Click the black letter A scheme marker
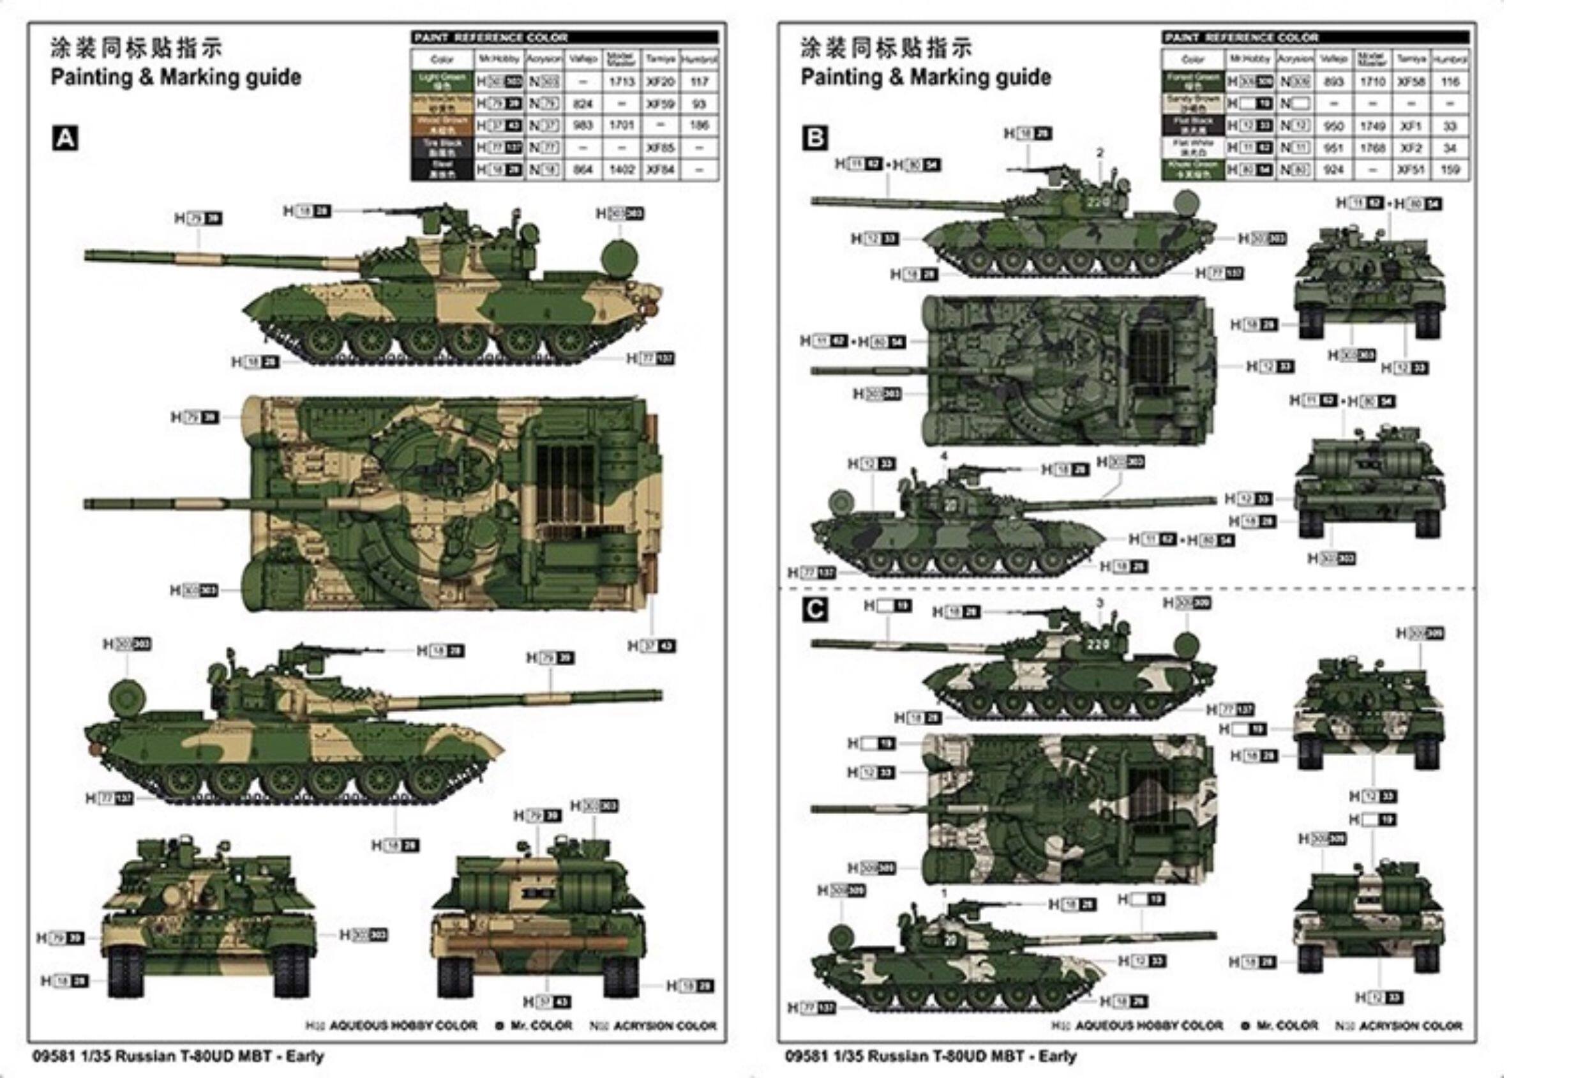[64, 139]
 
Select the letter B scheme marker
[815, 139]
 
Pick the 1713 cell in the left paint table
[622, 82]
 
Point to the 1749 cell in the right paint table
[1372, 126]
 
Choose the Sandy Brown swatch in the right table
[1194, 103]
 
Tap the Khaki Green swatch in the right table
[1194, 170]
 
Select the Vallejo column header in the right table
[1333, 59]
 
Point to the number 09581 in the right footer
[806, 1056]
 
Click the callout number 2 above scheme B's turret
[1099, 153]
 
